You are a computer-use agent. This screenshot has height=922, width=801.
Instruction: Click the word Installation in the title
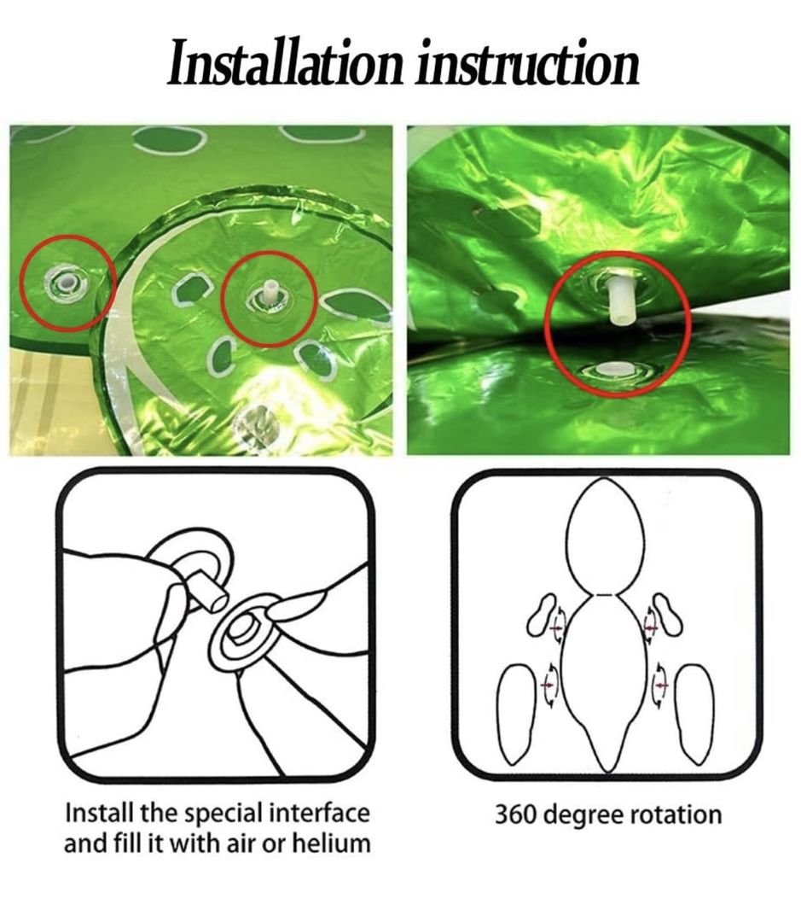pyautogui.click(x=286, y=61)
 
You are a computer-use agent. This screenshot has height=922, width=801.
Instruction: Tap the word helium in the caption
pyautogui.click(x=332, y=843)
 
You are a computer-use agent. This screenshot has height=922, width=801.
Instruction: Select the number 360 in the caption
pyautogui.click(x=514, y=815)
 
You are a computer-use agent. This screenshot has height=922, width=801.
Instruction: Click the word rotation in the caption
pyautogui.click(x=676, y=815)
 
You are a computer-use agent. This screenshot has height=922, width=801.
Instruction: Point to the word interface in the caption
pyautogui.click(x=319, y=814)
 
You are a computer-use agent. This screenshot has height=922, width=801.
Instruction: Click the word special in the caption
pyautogui.click(x=223, y=815)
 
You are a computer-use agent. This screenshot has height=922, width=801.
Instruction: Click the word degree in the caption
pyautogui.click(x=582, y=816)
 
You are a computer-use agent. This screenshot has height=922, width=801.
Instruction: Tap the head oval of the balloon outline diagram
pyautogui.click(x=605, y=536)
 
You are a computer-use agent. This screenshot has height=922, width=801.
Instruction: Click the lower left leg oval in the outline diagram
pyautogui.click(x=517, y=712)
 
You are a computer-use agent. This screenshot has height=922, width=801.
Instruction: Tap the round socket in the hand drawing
pyautogui.click(x=243, y=633)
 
